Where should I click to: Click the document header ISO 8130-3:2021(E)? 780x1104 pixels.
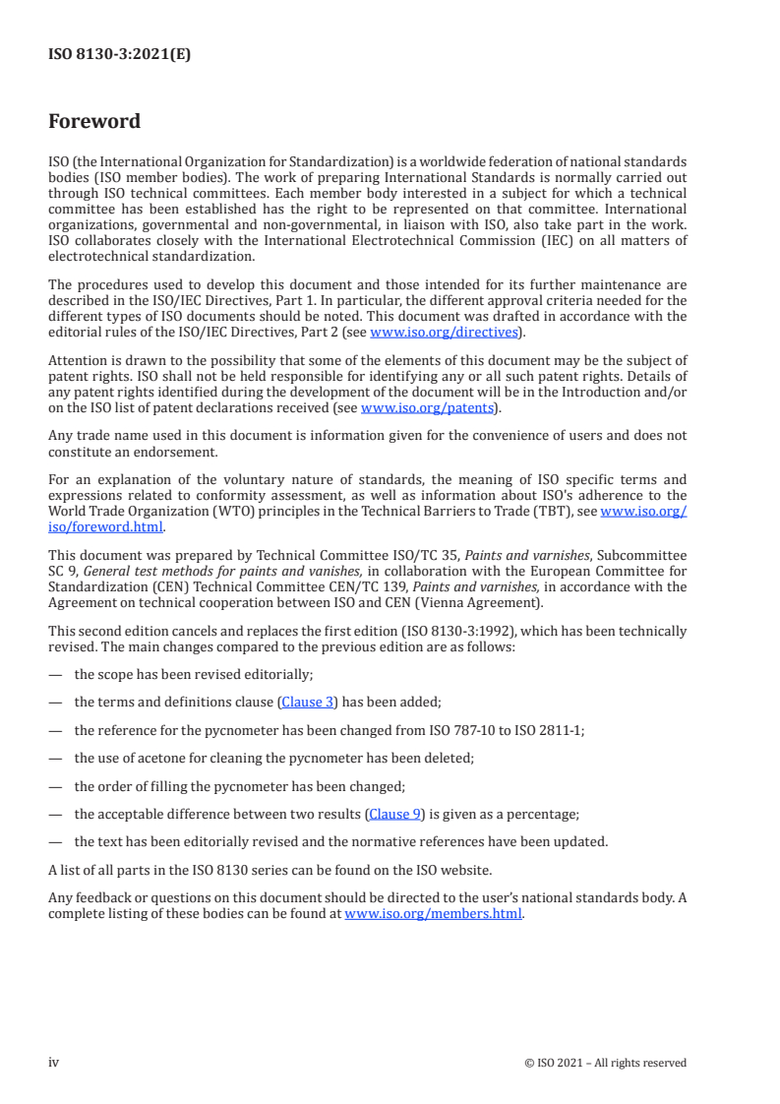pos(119,55)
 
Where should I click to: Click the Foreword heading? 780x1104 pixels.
pos(94,122)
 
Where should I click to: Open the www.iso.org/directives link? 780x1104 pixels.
pos(443,332)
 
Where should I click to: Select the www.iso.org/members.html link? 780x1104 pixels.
pos(434,913)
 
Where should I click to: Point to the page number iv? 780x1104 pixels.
pos(54,1062)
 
